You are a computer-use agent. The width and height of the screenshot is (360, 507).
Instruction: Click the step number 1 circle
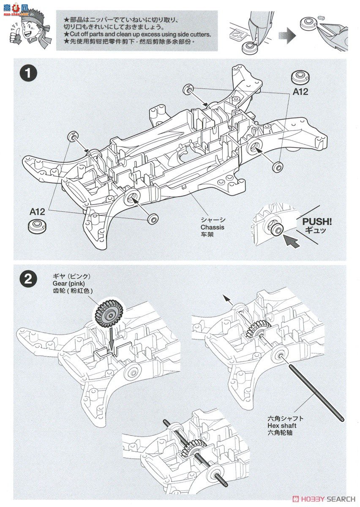29,73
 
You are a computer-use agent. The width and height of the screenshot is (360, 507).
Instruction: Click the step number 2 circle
29,279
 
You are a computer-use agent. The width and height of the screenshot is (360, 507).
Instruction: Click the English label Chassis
213,227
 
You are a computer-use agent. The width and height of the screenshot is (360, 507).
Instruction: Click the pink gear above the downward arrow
108,313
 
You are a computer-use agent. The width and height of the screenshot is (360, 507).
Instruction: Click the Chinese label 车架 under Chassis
207,234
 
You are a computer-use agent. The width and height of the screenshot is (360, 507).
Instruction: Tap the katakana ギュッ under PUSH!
315,230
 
